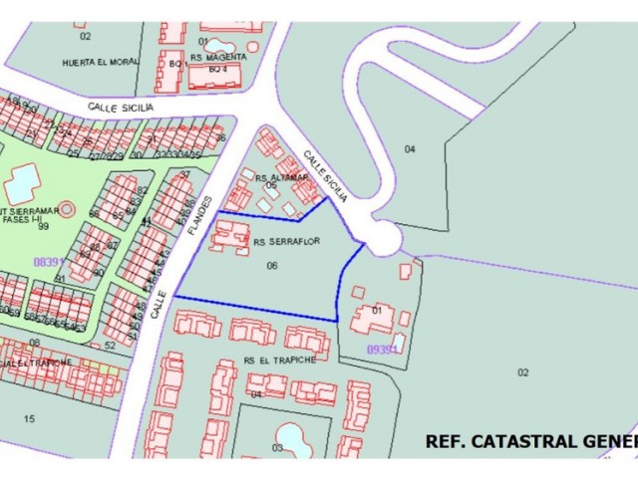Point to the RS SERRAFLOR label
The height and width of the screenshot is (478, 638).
point(286,241)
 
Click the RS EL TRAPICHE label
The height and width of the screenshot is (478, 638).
point(279,360)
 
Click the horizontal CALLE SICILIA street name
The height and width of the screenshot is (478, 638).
point(121,106)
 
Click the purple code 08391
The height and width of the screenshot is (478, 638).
point(48,262)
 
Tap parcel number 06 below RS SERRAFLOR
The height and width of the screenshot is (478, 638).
point(272,266)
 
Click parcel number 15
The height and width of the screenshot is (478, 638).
point(29,418)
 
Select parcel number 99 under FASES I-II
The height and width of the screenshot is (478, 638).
point(43,227)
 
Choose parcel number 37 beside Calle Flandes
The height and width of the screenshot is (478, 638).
point(184,175)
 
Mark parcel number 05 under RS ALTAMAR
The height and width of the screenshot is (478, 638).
point(270,184)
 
